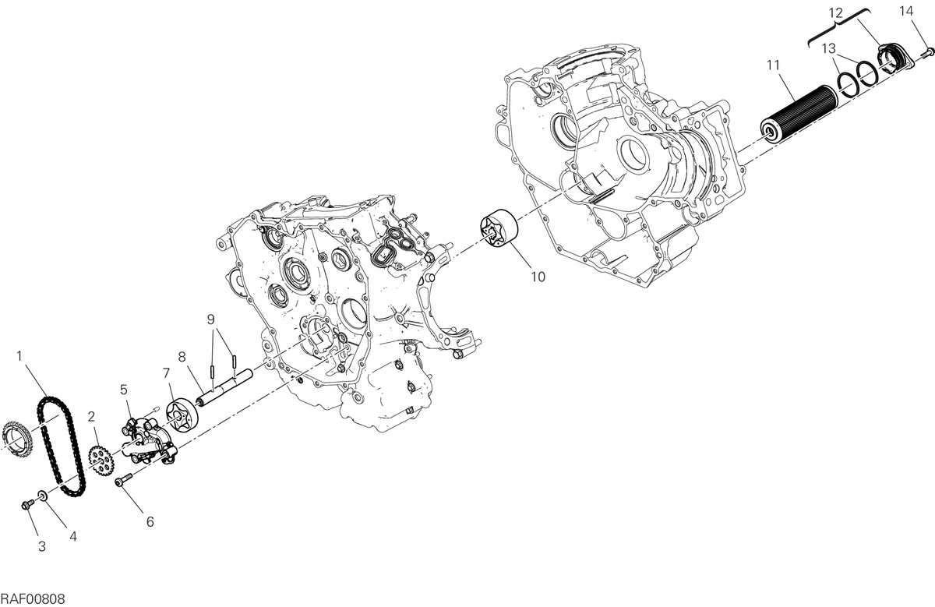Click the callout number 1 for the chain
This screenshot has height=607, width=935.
pyautogui.click(x=19, y=356)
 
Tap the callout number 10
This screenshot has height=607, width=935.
pyautogui.click(x=538, y=277)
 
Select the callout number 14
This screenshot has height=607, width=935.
pyautogui.click(x=906, y=11)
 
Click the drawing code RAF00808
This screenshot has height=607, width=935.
pyautogui.click(x=33, y=599)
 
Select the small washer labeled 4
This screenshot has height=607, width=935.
pyautogui.click(x=42, y=496)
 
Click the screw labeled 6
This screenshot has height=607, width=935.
pyautogui.click(x=123, y=480)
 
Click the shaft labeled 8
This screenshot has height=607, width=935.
pyautogui.click(x=225, y=388)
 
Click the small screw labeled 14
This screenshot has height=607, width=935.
pyautogui.click(x=927, y=53)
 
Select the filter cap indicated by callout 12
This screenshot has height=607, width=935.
pyautogui.click(x=894, y=59)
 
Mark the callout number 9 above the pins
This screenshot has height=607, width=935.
pyautogui.click(x=211, y=319)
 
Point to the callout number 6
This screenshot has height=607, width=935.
pyautogui.click(x=150, y=522)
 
